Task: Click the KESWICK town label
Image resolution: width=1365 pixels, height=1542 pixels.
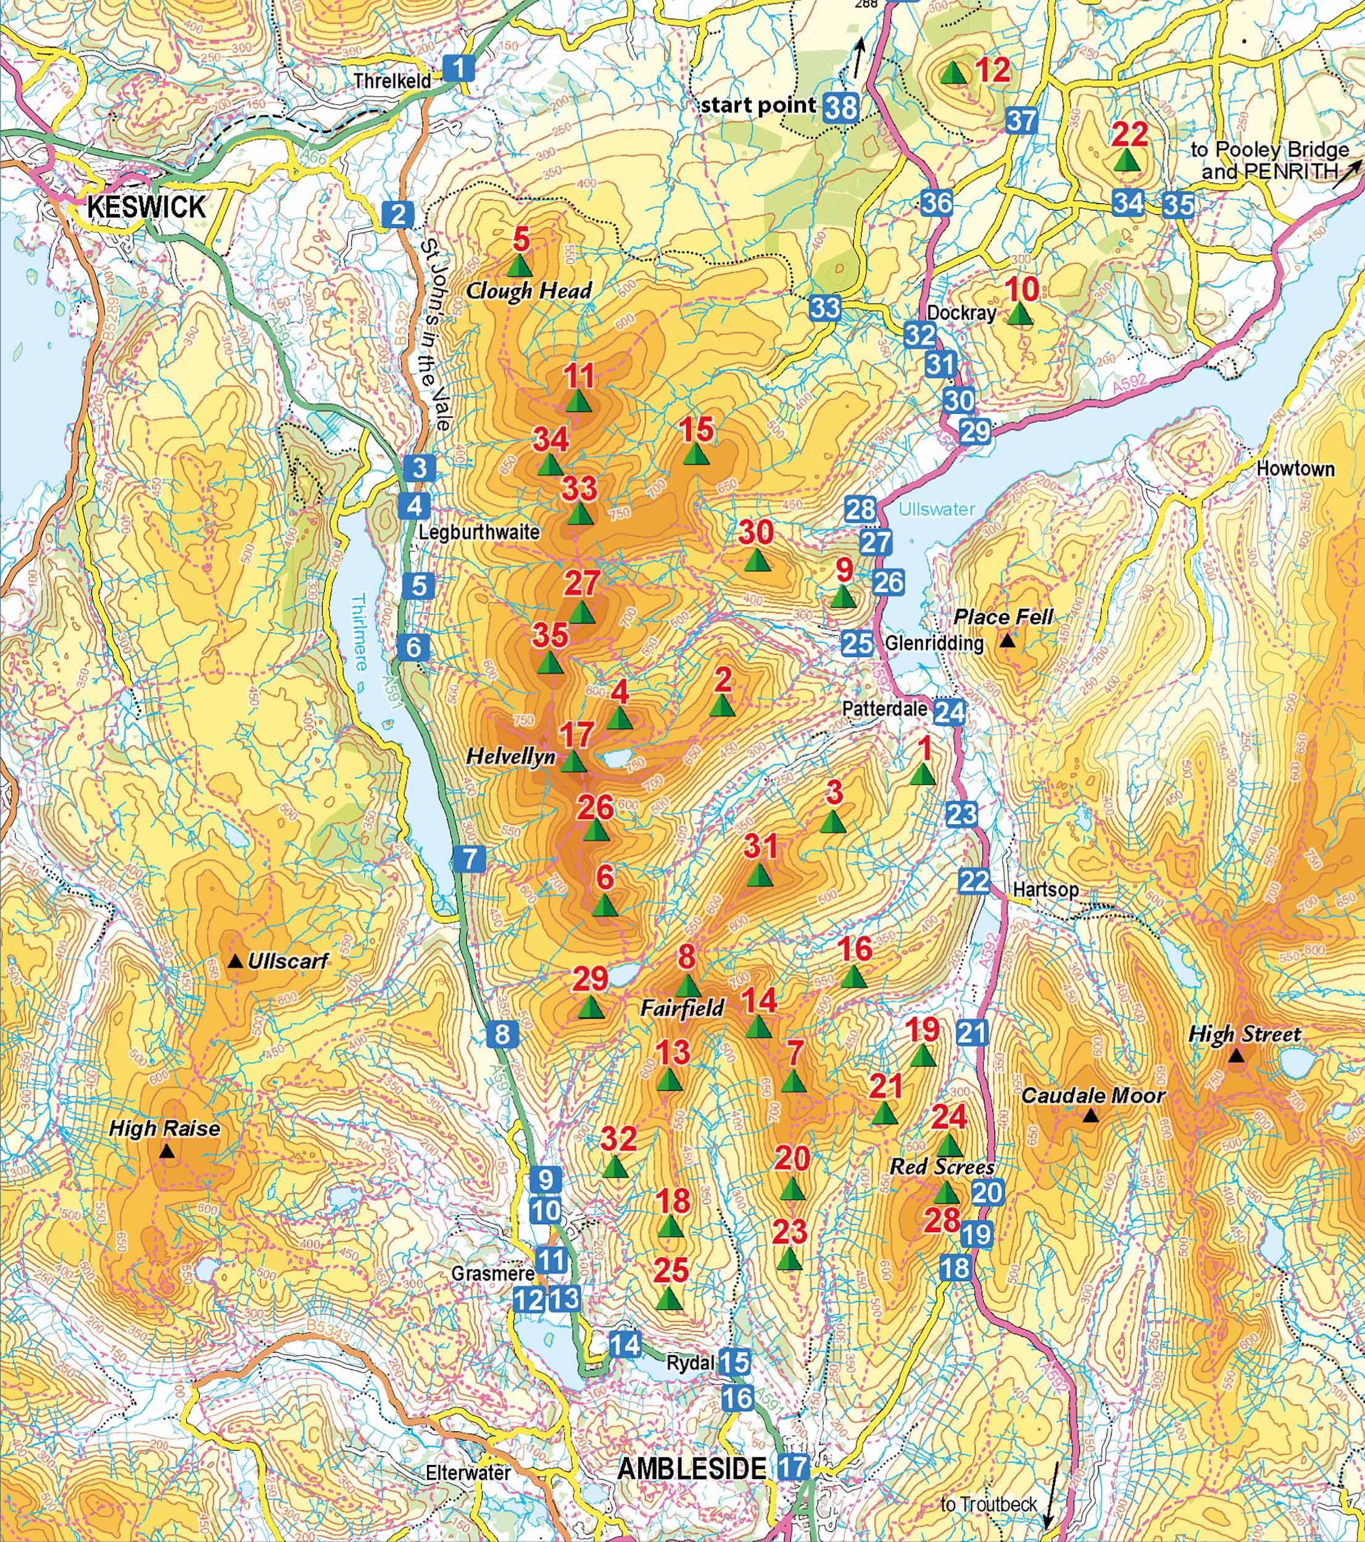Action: tap(146, 206)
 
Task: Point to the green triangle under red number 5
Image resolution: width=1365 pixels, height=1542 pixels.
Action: tap(519, 266)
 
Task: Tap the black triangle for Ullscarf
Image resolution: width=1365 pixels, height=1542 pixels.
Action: tap(236, 961)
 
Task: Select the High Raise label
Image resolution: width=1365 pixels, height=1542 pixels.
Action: tap(165, 1129)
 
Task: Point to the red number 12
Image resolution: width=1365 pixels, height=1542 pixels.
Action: tap(993, 71)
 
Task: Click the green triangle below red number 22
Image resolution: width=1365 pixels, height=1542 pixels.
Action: tap(1126, 160)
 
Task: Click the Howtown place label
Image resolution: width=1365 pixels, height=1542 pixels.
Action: tap(1295, 469)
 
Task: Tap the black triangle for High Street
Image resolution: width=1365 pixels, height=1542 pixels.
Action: tap(1236, 1056)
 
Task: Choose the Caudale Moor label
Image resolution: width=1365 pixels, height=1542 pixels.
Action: tap(1093, 1095)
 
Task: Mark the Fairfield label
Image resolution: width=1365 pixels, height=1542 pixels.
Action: tap(683, 1008)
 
